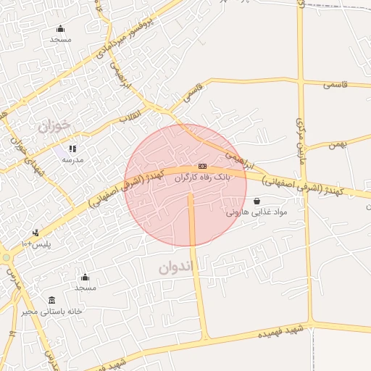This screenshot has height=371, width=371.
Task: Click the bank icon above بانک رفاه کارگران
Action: tap(201, 166)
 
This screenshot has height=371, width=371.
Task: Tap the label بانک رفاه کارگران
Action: tap(204, 176)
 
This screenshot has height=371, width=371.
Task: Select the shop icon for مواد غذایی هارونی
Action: tap(257, 201)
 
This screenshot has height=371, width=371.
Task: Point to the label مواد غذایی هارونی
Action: tap(257, 212)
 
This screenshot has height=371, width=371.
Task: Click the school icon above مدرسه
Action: tap(72, 149)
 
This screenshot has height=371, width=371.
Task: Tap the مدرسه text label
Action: tap(72, 159)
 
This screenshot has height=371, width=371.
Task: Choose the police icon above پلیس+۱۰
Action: tap(36, 233)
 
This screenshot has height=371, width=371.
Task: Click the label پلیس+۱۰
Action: tap(36, 243)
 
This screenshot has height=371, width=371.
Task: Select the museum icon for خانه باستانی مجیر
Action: tap(51, 300)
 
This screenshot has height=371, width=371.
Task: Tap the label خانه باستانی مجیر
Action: tap(51, 311)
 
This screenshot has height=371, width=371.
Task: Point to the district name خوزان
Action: tap(55, 126)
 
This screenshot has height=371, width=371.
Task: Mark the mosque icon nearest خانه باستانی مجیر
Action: tap(85, 277)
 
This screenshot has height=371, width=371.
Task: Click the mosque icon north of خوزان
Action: tap(60, 29)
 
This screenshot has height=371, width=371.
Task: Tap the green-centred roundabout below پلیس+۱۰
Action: tap(6, 257)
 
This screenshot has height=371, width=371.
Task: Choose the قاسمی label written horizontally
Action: tap(335, 85)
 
